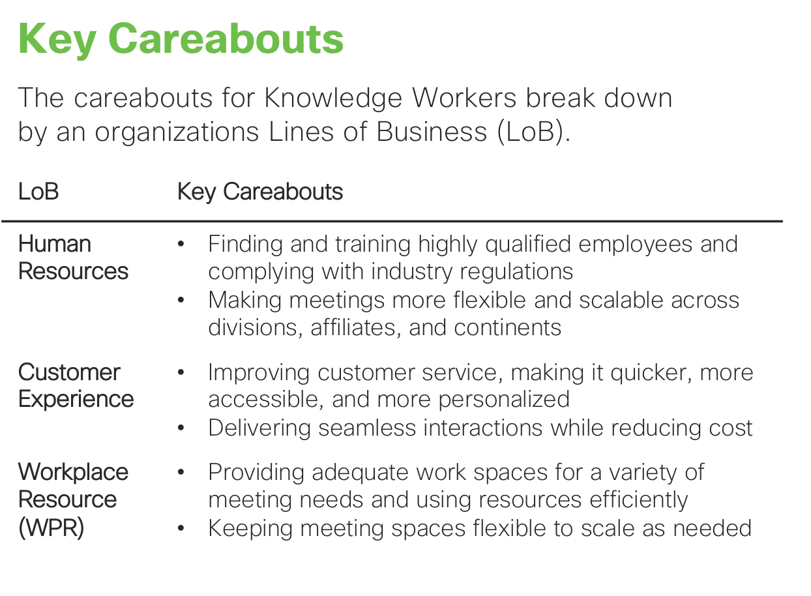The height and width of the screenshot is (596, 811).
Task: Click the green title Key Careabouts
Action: click(x=181, y=40)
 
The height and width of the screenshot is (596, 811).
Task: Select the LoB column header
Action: click(x=38, y=191)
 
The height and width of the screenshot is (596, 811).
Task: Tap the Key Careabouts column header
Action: click(x=260, y=192)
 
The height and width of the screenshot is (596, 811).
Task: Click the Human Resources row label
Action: click(x=73, y=257)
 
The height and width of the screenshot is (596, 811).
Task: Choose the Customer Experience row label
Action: click(x=76, y=385)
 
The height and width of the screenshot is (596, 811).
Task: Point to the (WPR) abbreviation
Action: click(x=51, y=528)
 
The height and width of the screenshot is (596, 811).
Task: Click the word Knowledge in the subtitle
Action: click(x=333, y=98)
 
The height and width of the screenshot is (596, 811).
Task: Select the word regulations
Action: click(x=516, y=273)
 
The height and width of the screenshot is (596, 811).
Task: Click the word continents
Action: click(x=508, y=328)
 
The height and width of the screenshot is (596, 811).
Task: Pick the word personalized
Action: click(x=504, y=400)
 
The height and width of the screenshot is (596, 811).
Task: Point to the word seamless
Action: click(x=367, y=428)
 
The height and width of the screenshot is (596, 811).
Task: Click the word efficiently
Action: click(x=639, y=500)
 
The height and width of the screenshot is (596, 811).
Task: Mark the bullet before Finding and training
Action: click(x=181, y=244)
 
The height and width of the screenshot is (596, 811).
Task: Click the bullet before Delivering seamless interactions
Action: click(x=181, y=428)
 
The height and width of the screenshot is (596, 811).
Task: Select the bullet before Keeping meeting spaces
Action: click(x=181, y=529)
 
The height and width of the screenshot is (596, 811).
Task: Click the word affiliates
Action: click(x=355, y=328)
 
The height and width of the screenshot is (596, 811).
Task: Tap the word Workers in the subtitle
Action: click(x=464, y=98)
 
